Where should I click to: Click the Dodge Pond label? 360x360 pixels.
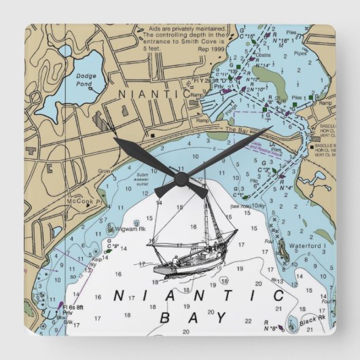tap(86, 79)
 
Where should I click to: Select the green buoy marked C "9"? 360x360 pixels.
tap(111, 241)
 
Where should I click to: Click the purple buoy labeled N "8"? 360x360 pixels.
tap(275, 327)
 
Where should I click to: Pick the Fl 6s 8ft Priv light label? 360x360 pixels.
tap(71, 310)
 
